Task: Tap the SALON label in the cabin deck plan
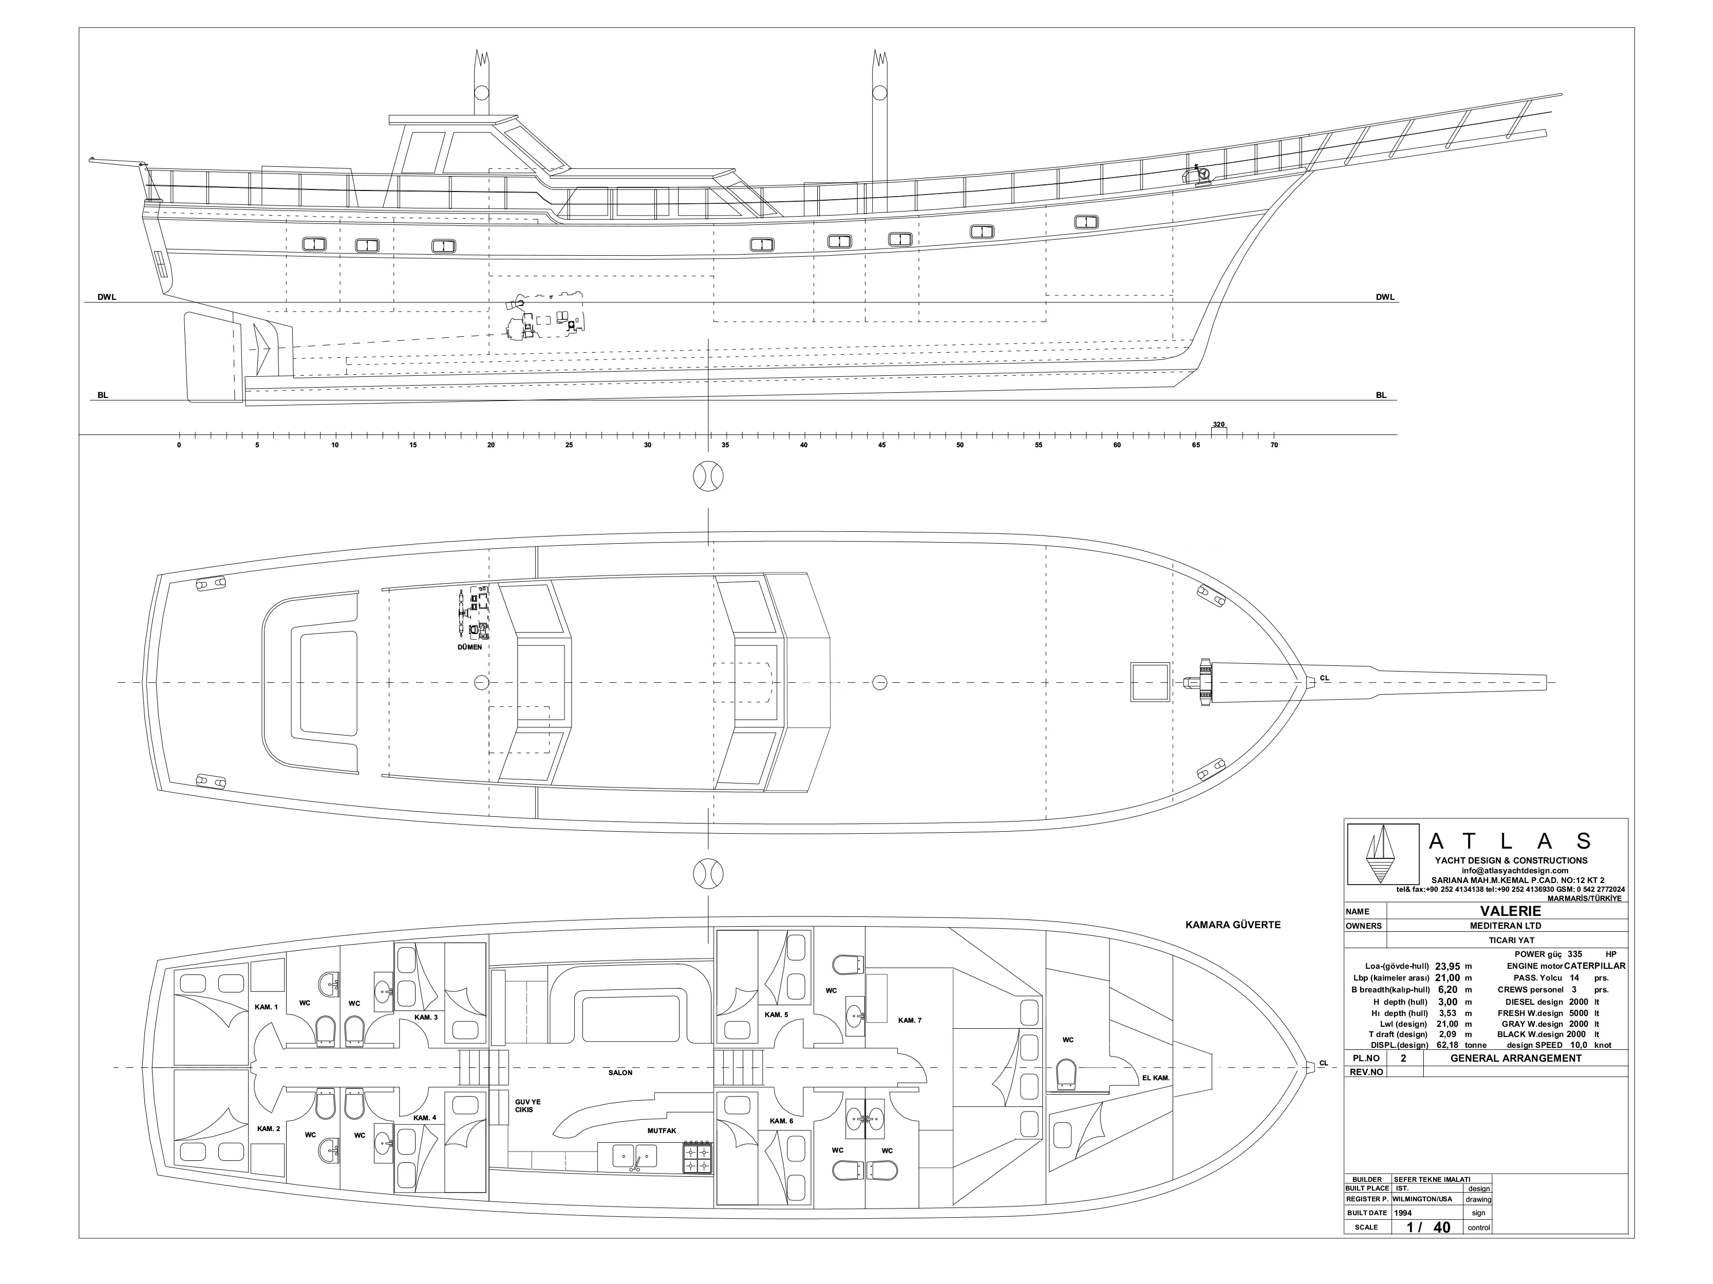620,1072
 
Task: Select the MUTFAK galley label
662,1131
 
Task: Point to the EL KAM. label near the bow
1155,1077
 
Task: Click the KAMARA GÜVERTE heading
1233,924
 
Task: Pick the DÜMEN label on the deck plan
469,647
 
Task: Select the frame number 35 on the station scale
725,445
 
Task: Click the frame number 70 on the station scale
1274,445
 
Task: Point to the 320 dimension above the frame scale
1219,424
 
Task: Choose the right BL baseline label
1381,395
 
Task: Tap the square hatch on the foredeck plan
1150,682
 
